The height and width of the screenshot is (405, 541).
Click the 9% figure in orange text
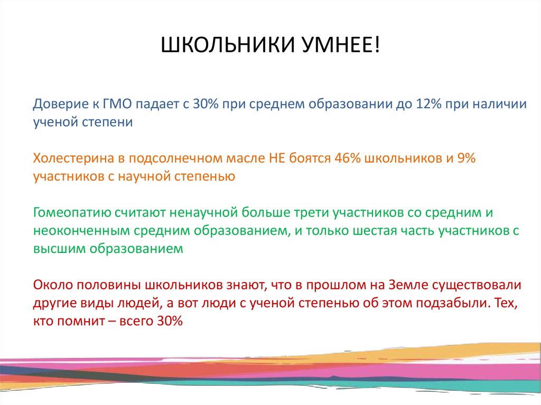[465, 158]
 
